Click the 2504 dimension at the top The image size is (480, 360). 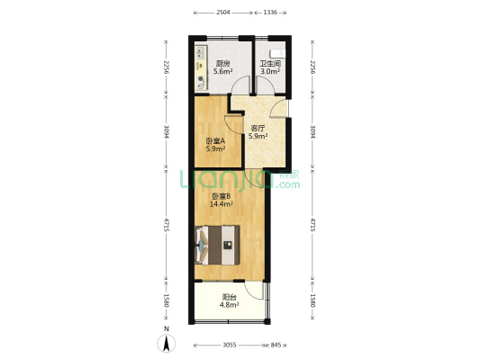click(x=223, y=13)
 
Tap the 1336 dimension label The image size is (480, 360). click(x=270, y=13)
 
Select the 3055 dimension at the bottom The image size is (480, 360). click(x=230, y=345)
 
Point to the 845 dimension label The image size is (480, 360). click(x=276, y=345)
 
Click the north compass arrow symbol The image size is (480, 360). click(x=167, y=343)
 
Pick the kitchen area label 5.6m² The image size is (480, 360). click(x=222, y=72)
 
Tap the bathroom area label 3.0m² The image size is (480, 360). click(x=270, y=72)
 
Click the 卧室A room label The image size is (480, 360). click(x=215, y=141)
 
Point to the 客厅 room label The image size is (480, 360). click(x=258, y=128)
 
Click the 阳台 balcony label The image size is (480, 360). click(x=230, y=297)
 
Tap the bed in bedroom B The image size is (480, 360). click(x=217, y=245)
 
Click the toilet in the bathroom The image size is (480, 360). click(x=277, y=54)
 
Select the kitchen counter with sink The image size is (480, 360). click(x=201, y=67)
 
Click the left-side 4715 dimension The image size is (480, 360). click(x=167, y=224)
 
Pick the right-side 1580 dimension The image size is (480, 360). click(x=312, y=301)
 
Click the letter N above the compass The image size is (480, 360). click(x=167, y=329)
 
